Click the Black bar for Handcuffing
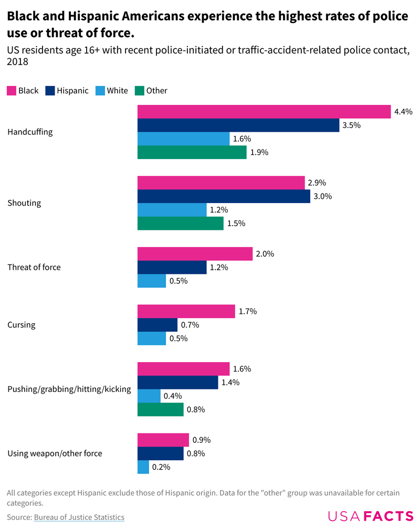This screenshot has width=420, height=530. [264, 112]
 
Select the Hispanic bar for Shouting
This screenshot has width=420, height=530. [224, 196]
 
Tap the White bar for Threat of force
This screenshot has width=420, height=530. [152, 281]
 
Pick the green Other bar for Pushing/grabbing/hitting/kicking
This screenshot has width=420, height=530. [161, 409]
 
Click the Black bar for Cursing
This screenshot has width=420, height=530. [186, 311]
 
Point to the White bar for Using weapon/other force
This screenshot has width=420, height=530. [143, 467]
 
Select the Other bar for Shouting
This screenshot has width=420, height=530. [181, 224]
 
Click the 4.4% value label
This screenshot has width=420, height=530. [404, 112]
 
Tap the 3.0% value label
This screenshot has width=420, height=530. [323, 196]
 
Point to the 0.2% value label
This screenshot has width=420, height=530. [161, 467]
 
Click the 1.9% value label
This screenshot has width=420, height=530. [259, 153]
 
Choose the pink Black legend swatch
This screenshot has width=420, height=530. [11, 91]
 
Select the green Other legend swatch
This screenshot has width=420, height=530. [139, 91]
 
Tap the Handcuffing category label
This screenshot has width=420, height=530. [30, 132]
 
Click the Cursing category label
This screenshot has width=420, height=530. [22, 325]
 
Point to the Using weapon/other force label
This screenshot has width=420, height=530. [55, 453]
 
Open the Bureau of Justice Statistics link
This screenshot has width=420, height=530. [79, 517]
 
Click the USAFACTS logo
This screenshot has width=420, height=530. [371, 516]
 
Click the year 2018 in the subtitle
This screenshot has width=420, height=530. [17, 62]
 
